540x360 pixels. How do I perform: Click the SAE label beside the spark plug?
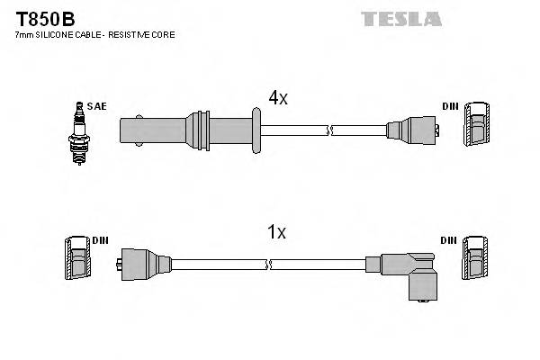pyautogui.click(x=97, y=106)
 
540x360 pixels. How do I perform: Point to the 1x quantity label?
pyautogui.click(x=275, y=232)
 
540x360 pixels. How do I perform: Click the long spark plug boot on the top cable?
pyautogui.click(x=162, y=129)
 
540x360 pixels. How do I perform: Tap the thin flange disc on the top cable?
pyautogui.click(x=258, y=129)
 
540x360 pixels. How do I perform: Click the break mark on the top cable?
pyautogui.click(x=331, y=130)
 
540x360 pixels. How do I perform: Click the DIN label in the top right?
pyautogui.click(x=450, y=106)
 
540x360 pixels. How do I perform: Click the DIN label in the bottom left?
pyautogui.click(x=100, y=240)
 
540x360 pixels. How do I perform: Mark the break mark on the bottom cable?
pyautogui.click(x=269, y=265)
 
